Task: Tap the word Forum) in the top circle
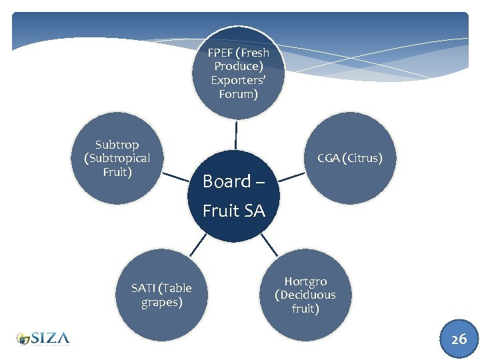pos(238,94)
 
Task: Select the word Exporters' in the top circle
pos(238,80)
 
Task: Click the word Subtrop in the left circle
pos(117,144)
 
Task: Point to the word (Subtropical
pos(117,158)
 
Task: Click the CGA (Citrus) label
pos(349,158)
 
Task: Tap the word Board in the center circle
pos(227,181)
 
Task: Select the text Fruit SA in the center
pos(233,211)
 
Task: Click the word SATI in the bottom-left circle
pos(145,288)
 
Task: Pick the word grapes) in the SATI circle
pos(161,302)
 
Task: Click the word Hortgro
pos(305,281)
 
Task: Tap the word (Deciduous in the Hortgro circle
pos(305,295)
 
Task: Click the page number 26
pos(459,339)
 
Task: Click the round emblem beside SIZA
pos(24,339)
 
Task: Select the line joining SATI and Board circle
pos(198,246)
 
